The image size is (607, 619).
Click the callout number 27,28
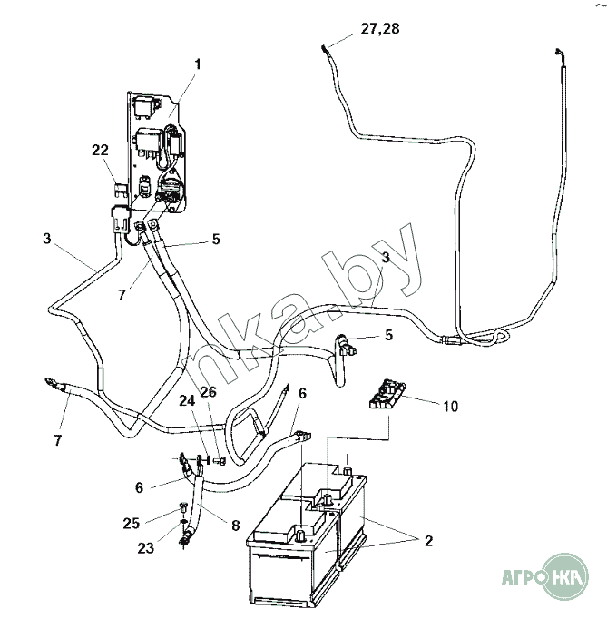379,29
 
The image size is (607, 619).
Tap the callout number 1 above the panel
197,64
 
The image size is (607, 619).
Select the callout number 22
100,150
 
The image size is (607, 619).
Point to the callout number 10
450,406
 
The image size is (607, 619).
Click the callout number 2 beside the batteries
428,540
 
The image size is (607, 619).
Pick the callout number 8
235,526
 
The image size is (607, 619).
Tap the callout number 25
132,523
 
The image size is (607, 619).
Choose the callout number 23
146,548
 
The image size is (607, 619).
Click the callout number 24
187,400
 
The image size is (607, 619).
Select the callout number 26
208,391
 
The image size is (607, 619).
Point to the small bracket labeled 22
120,189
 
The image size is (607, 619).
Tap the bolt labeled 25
183,506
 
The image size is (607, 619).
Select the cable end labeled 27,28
325,51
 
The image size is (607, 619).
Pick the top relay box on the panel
144,105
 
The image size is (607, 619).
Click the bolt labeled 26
220,460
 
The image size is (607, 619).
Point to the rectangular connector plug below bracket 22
119,218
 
